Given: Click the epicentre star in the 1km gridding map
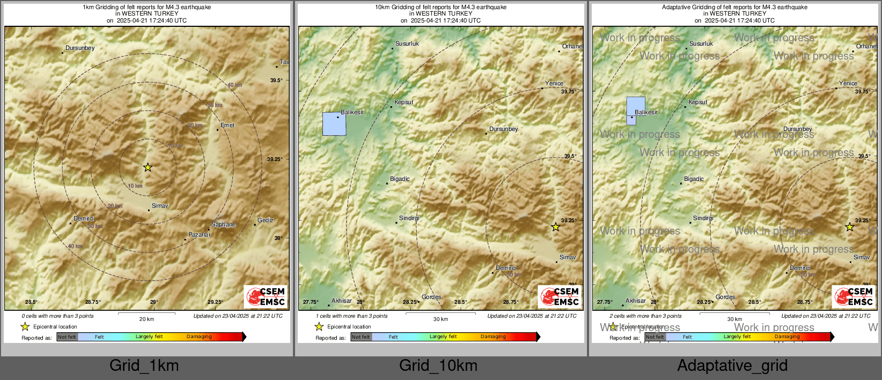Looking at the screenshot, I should coord(148,167).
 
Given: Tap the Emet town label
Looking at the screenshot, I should coord(227,125).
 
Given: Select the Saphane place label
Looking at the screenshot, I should coord(223,225).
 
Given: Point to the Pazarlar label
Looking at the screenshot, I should coord(199,235).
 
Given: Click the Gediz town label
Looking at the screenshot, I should coord(265,220).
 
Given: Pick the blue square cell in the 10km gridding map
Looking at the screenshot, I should coord(334,124).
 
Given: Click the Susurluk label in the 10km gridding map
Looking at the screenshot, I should coord(407,43).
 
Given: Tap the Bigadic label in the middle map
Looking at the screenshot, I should coord(400,179).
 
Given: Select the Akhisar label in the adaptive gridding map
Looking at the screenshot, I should coord(635,301).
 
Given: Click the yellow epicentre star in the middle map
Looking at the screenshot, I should coord(555,227).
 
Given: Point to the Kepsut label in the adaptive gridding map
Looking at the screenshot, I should coord(697,102).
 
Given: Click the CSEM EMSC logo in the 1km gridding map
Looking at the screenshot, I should coord(266,297).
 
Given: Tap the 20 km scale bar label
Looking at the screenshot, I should coord(146,319).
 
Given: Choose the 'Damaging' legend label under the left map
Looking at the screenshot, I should coord(199,337).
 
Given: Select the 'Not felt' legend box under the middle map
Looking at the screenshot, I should coord(361,337).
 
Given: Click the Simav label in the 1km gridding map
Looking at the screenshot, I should coord(160,206).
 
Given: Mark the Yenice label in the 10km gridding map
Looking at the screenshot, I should coord(554,83).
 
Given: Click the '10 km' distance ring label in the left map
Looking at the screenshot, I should coord(135,186).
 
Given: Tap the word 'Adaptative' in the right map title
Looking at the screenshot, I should coord(677,7).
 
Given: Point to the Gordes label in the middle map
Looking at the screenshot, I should coord(431,297).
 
